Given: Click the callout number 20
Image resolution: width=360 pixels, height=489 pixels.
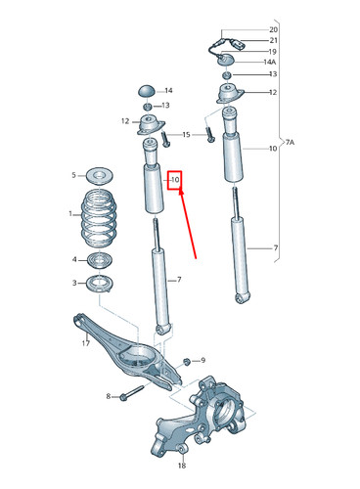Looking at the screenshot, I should [x=274, y=29].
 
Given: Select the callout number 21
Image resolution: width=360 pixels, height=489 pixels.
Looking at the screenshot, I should [x=274, y=40].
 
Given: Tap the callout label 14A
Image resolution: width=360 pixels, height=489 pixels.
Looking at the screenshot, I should [x=271, y=62].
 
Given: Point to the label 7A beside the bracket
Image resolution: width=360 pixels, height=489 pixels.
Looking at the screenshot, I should [x=291, y=143].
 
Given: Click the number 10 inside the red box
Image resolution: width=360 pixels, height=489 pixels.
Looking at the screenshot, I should [x=176, y=181].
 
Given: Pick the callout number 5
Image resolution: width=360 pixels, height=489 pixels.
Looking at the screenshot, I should [x=72, y=176].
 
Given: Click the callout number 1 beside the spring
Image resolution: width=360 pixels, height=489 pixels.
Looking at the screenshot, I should [x=69, y=214].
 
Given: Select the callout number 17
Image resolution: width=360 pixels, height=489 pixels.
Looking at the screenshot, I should [x=85, y=343].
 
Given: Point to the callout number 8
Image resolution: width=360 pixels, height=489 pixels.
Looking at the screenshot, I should [x=108, y=396].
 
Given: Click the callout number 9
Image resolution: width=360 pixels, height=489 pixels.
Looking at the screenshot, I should [x=202, y=361].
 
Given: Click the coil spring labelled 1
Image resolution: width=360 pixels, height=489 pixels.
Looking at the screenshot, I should [x=98, y=222].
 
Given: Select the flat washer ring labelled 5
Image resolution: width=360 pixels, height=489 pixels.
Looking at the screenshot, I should [x=99, y=176].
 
